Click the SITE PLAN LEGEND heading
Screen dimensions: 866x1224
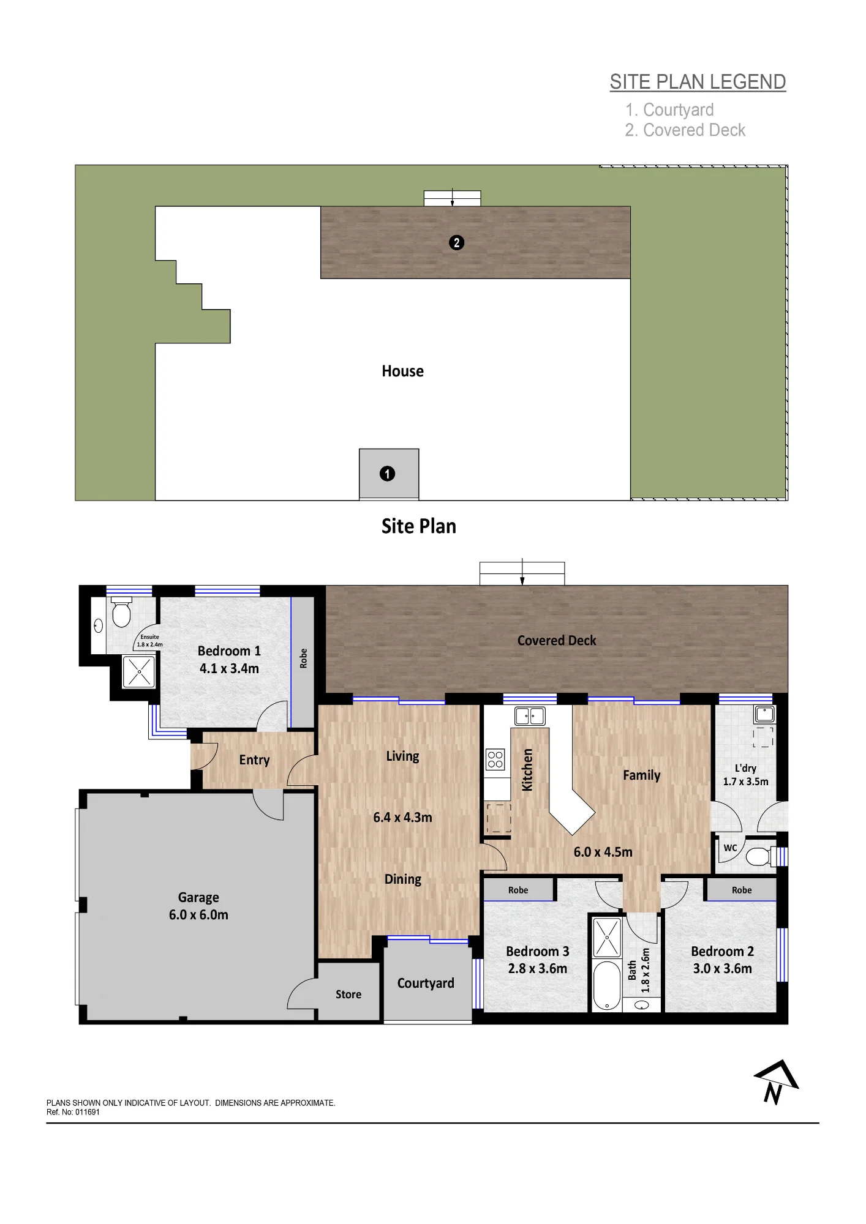(x=698, y=82)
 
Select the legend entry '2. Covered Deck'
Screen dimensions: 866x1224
(x=685, y=130)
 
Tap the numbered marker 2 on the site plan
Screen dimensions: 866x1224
(x=456, y=243)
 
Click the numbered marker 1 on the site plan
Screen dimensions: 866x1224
(x=387, y=474)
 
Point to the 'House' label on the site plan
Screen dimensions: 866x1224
(x=402, y=371)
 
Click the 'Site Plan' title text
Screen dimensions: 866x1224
(x=419, y=526)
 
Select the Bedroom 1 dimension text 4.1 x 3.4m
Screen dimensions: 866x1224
(x=229, y=669)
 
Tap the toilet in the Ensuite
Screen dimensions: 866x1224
(x=121, y=613)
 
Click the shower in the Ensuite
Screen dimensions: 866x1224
(x=139, y=671)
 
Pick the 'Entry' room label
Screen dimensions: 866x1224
(x=254, y=760)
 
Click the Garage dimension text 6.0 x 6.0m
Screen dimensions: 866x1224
(x=198, y=915)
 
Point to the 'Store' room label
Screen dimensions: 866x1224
(x=348, y=994)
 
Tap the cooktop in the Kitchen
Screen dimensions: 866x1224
(x=495, y=759)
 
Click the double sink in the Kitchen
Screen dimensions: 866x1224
(x=530, y=715)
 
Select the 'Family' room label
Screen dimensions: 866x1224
(x=642, y=775)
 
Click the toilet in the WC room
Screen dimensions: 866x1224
(x=761, y=856)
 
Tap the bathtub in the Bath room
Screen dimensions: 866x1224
(x=607, y=985)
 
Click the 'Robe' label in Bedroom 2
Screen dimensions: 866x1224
(x=742, y=890)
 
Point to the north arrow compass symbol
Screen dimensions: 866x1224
(x=776, y=1083)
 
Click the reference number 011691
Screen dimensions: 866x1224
(x=88, y=1112)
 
